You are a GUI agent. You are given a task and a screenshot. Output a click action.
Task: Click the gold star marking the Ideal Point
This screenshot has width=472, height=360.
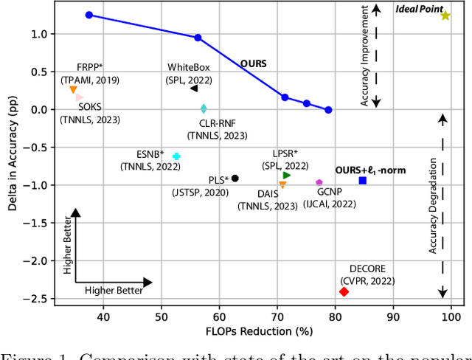[445, 15]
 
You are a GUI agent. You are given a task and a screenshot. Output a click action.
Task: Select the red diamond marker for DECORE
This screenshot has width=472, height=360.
[344, 292]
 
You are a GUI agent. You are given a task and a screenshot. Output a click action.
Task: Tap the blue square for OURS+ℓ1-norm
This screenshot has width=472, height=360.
[363, 181]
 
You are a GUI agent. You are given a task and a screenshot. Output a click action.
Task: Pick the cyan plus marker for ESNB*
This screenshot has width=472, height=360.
[176, 156]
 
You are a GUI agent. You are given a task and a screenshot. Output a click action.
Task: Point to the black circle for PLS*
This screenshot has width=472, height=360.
[235, 178]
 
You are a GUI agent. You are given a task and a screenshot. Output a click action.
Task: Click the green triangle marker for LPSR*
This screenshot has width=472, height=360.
[286, 175]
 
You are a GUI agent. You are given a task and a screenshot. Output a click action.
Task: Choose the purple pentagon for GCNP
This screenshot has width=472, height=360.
[319, 182]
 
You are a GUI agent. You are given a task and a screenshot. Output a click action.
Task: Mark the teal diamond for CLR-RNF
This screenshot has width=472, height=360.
[204, 109]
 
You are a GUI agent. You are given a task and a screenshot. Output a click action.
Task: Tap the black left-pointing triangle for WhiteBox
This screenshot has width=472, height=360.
[194, 89]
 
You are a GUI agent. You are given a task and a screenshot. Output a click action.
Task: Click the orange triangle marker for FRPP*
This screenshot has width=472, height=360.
[73, 90]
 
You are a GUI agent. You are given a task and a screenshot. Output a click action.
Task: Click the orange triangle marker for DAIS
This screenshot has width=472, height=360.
[282, 184]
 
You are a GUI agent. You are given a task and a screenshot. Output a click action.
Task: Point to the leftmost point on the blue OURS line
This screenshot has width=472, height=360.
[89, 15]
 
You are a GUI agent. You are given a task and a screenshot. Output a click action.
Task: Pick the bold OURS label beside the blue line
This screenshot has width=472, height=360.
[254, 63]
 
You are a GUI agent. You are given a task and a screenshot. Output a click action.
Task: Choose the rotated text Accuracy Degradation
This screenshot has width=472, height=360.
[434, 206]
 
